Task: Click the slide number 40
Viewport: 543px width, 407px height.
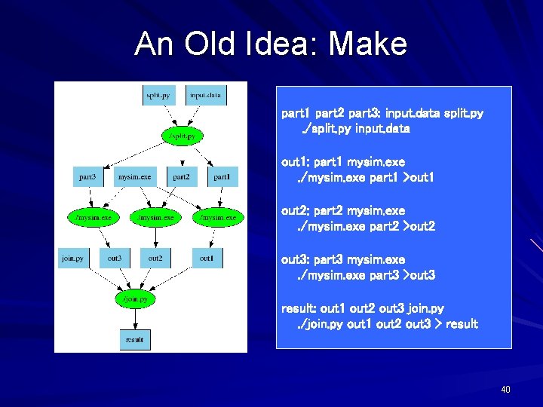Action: click(505, 390)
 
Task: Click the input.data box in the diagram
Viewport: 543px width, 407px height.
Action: click(205, 96)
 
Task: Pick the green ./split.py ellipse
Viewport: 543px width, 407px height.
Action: click(182, 136)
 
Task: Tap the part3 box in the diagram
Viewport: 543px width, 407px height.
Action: click(87, 177)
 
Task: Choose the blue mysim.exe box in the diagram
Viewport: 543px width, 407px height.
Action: click(134, 177)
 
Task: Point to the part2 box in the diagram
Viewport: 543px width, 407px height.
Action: click(181, 177)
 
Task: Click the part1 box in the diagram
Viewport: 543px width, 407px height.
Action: click(222, 177)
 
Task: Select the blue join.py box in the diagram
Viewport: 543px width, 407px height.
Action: click(72, 259)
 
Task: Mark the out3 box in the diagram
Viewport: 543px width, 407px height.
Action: click(115, 259)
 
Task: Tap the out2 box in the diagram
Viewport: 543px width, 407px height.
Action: click(155, 259)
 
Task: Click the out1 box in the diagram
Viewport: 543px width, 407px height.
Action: click(206, 259)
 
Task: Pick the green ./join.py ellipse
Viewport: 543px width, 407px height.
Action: click(136, 299)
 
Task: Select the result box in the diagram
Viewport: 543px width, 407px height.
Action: click(134, 340)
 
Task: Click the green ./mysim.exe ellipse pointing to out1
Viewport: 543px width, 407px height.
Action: click(218, 218)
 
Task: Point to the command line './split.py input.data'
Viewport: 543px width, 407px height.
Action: click(356, 129)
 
